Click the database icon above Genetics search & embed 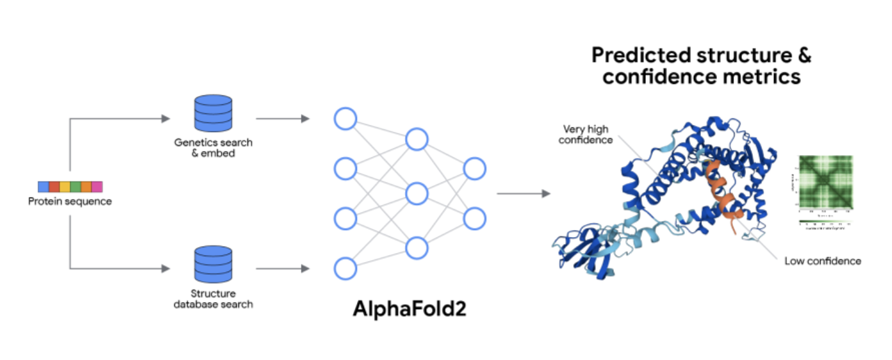[x=212, y=113]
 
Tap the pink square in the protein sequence [x=97, y=187]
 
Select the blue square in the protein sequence [x=43, y=187]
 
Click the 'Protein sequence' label [x=70, y=202]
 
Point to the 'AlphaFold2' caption [x=409, y=309]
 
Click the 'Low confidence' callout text [x=823, y=261]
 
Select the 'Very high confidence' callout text [x=586, y=135]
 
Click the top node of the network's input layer [x=345, y=119]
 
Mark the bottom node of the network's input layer [x=345, y=268]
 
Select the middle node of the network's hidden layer [x=417, y=193]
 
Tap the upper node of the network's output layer [x=475, y=168]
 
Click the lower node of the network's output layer [x=475, y=218]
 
